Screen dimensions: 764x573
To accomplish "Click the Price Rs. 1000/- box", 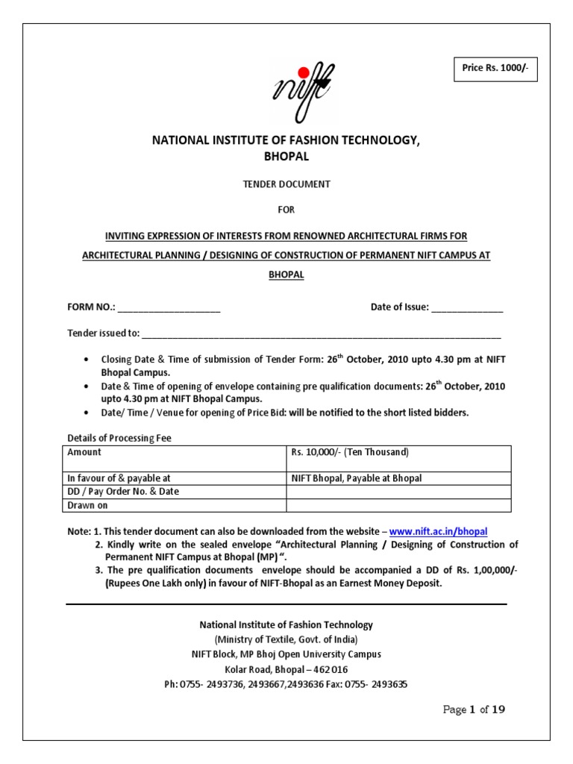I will [495, 69].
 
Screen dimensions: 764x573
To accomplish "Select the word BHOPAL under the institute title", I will [286, 157].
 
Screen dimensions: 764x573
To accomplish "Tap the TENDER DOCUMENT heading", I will [287, 184].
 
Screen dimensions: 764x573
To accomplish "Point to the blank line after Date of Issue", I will [467, 307].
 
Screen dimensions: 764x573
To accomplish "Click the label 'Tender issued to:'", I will [103, 333].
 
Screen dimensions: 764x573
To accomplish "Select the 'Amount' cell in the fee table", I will [84, 452].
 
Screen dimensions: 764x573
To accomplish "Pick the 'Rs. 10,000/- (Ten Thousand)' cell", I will [350, 452].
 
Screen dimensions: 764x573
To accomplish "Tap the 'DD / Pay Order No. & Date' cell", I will [123, 491].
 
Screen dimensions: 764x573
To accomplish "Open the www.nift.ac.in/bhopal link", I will [438, 531].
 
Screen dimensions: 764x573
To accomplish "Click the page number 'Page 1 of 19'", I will [474, 710].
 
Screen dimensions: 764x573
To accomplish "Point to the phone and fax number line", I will [286, 683].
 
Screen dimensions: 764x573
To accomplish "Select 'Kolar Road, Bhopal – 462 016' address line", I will [286, 669].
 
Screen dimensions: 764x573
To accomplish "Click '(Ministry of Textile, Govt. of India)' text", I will [286, 639].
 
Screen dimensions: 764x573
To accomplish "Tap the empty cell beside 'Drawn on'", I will [398, 505].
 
